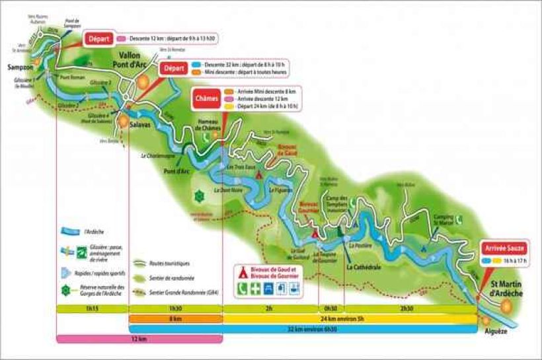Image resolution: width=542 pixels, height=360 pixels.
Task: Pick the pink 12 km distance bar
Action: click(x=139, y=339)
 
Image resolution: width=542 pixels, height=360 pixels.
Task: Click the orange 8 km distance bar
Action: click(x=175, y=318)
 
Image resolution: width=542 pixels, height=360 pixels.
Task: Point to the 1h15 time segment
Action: click(x=92, y=308)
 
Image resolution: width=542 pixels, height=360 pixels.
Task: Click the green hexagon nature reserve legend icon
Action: click(x=65, y=290)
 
